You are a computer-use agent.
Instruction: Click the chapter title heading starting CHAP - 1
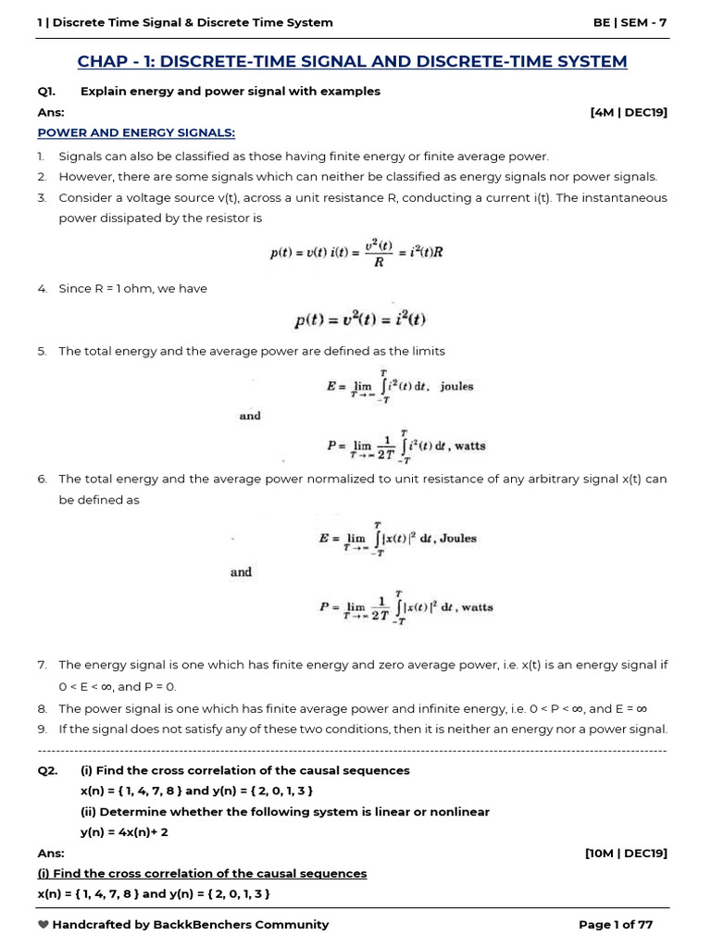352,61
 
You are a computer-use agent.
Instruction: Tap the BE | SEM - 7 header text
630,22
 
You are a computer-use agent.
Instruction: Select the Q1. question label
47,91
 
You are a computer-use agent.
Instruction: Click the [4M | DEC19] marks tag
628,112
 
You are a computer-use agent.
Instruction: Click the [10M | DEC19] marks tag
626,853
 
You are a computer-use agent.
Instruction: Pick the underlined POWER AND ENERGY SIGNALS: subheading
136,132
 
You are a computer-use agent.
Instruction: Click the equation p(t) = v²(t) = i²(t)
361,320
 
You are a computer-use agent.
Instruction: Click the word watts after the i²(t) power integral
469,445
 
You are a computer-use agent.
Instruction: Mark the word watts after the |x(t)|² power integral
477,607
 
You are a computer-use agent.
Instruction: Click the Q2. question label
47,770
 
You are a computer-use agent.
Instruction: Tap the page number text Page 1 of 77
616,924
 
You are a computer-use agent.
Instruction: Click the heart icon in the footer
43,924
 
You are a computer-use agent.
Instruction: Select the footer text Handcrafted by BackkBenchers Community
190,924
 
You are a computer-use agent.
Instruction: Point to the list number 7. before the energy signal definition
42,665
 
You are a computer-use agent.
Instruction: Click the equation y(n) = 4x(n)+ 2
124,832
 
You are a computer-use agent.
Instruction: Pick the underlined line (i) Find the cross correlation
202,873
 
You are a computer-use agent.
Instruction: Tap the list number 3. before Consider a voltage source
42,197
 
